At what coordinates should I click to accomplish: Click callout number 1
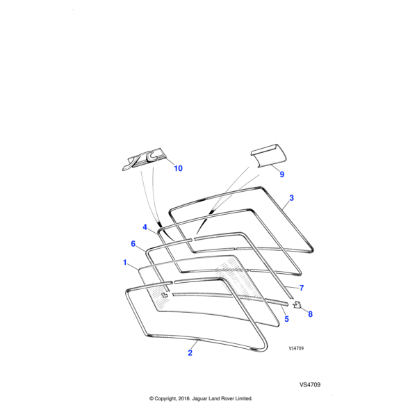tap(125, 263)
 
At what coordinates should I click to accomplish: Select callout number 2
tap(190, 352)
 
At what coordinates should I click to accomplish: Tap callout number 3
tap(291, 198)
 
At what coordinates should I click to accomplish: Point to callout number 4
tap(145, 227)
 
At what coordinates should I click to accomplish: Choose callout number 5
tap(286, 319)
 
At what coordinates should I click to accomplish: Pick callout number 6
tap(133, 243)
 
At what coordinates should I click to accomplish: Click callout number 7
tap(302, 288)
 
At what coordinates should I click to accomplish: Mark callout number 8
tap(310, 314)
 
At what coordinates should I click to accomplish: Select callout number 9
tap(282, 174)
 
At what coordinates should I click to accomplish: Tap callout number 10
tap(178, 169)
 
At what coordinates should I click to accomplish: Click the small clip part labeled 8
tap(297, 304)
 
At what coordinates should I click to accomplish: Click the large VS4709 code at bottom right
tap(310, 384)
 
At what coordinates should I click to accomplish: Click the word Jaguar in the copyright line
tap(199, 399)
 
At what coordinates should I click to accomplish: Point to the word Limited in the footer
tap(242, 399)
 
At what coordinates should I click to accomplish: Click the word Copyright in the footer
tap(162, 399)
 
